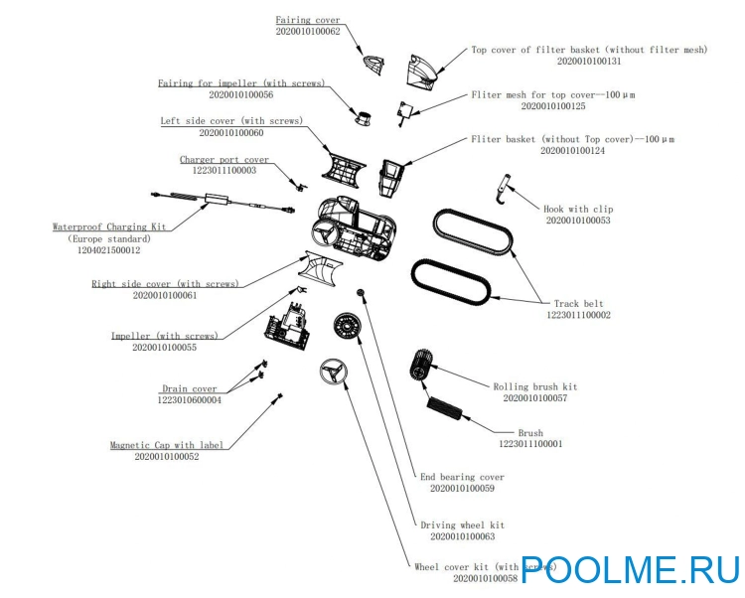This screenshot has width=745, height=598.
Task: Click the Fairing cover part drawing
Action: [373, 65]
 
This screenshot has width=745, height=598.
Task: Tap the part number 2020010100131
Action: [589, 62]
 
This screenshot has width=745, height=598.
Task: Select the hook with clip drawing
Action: [504, 189]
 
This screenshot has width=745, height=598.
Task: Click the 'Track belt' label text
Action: [578, 304]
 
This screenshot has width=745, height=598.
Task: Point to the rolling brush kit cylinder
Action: [420, 365]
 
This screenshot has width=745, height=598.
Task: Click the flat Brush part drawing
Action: [444, 408]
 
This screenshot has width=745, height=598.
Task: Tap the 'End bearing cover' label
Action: [462, 477]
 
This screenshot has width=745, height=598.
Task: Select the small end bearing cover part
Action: [362, 292]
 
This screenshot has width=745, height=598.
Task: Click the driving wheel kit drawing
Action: [347, 326]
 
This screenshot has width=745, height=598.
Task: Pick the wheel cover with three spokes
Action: [334, 372]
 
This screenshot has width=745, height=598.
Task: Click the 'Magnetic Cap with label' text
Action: [166, 445]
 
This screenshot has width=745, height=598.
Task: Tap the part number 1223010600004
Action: [189, 400]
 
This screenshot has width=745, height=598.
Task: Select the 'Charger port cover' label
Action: [224, 159]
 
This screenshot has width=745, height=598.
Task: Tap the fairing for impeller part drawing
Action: [364, 117]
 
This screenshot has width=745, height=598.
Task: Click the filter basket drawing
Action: [391, 178]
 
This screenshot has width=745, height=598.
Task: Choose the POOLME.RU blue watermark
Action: [631, 569]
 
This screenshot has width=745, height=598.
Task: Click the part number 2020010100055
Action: [164, 348]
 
